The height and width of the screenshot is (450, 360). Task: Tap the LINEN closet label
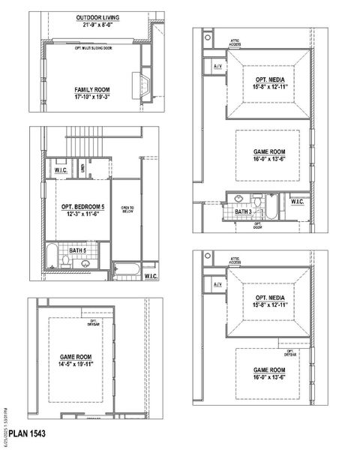click(82, 166)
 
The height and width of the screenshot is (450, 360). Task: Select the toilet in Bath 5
click(67, 260)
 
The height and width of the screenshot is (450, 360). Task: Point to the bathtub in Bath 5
click(50, 257)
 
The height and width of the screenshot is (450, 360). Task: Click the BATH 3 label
click(244, 212)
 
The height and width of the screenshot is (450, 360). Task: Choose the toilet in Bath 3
click(256, 201)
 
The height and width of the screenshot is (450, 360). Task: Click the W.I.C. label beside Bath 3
click(298, 201)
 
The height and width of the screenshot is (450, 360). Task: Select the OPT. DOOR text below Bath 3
click(257, 225)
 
